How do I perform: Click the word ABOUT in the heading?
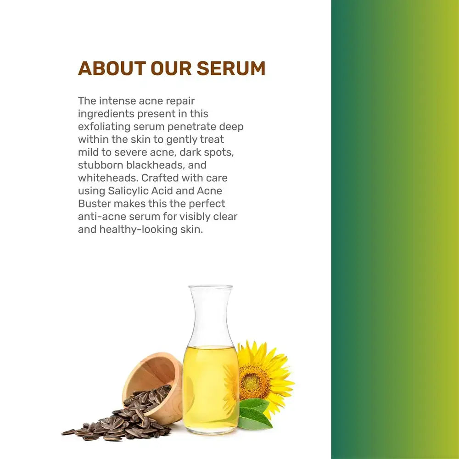112,68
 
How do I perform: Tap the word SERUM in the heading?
231,68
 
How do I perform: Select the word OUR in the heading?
171,68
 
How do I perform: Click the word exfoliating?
104,127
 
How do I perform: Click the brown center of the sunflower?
254,379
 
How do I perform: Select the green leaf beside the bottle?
254,413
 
